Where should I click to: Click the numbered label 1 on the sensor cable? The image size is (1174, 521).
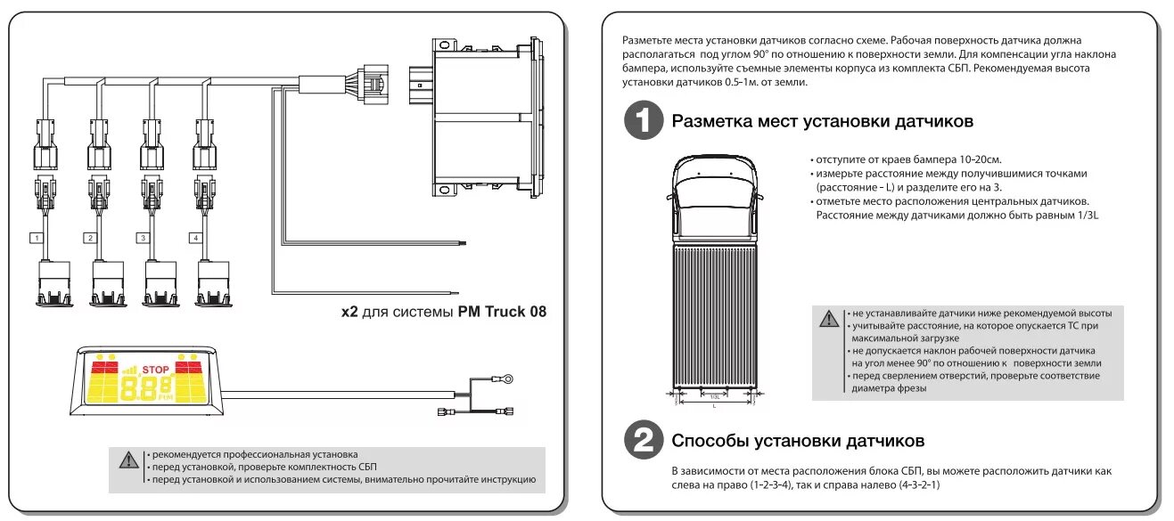[35, 238]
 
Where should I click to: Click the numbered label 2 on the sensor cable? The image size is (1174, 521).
[89, 238]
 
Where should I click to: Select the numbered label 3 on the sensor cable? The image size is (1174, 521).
[142, 238]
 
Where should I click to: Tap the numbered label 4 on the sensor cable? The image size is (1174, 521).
[195, 238]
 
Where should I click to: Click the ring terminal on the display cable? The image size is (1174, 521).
[505, 380]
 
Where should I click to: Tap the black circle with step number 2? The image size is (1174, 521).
[642, 440]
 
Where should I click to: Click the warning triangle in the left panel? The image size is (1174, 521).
[128, 460]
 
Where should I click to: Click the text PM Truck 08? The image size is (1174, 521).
[502, 312]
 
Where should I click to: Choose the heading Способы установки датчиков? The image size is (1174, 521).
[798, 441]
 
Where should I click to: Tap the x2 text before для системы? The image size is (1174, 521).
[349, 312]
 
